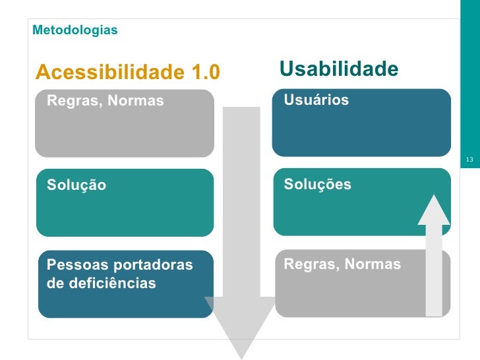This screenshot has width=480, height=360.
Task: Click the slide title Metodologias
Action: tap(75, 30)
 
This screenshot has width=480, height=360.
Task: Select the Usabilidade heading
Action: tap(339, 69)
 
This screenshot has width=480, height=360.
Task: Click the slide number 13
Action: tap(469, 160)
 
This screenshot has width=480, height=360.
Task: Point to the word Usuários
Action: tap(316, 100)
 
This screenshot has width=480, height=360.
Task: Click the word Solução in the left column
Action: tap(76, 185)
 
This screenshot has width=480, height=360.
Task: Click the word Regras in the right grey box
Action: tap(305, 265)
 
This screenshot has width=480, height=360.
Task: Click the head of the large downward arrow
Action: tap(239, 326)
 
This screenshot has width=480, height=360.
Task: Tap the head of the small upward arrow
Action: tap(434, 210)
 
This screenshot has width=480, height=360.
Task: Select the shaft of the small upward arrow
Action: tap(434, 270)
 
